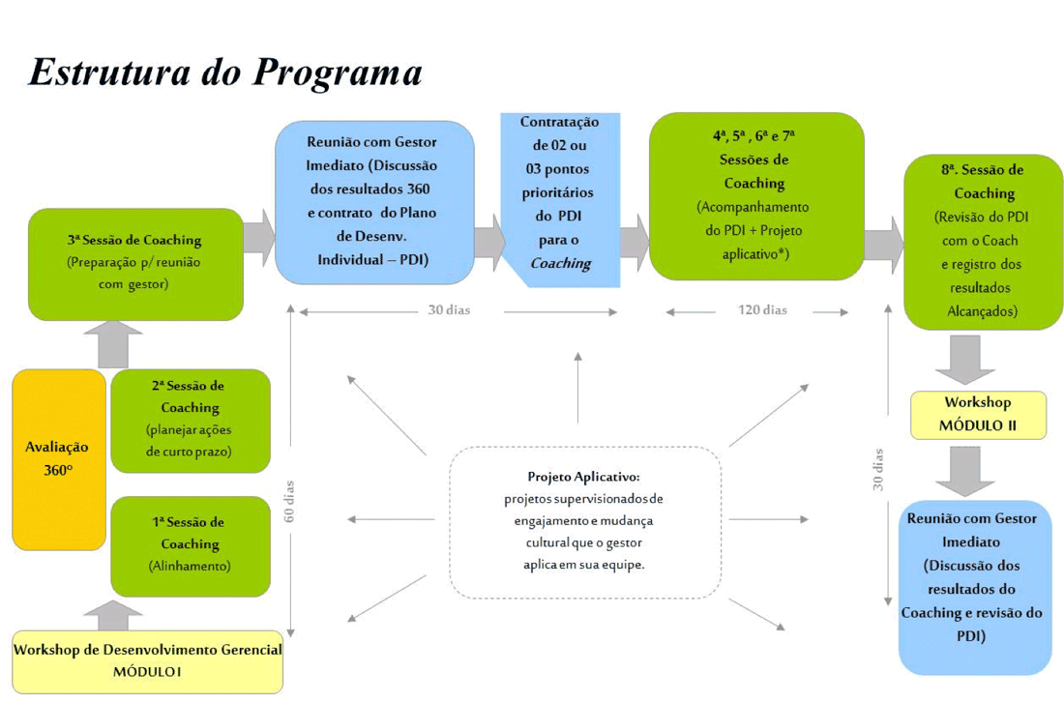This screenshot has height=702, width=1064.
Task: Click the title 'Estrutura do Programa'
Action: (x=225, y=73)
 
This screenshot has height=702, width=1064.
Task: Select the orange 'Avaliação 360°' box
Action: (x=58, y=459)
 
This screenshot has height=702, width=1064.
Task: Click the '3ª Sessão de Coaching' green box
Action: (x=135, y=264)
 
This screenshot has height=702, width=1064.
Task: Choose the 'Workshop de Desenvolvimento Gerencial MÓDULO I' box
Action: (x=147, y=661)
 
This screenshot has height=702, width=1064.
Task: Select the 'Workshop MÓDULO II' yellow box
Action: (x=978, y=414)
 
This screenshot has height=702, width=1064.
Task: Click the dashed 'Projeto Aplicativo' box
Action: (x=584, y=521)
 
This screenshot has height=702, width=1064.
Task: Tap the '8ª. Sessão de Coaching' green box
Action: (x=983, y=241)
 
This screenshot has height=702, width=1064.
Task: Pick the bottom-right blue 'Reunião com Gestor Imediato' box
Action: (x=974, y=587)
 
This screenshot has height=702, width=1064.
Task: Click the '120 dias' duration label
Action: (x=762, y=310)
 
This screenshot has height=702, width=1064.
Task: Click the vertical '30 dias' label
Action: (x=878, y=469)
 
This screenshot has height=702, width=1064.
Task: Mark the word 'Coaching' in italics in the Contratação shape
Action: (x=561, y=263)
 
